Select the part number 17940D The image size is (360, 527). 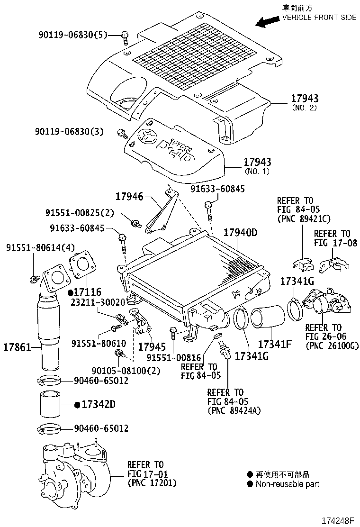(240, 233)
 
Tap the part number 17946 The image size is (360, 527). (129, 196)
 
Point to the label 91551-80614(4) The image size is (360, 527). (34, 248)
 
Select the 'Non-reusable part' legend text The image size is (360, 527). (287, 484)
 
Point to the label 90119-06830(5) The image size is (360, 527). (73, 35)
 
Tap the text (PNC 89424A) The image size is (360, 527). (234, 410)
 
